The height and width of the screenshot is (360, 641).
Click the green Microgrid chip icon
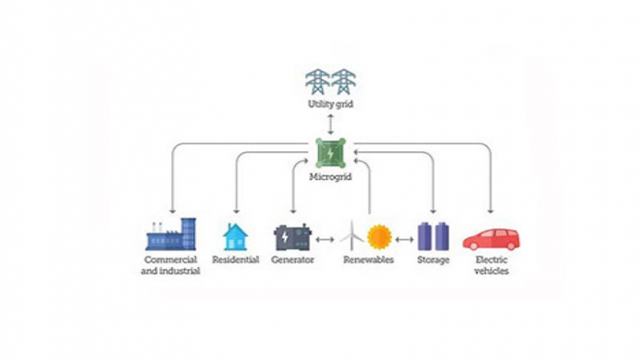(x=329, y=152)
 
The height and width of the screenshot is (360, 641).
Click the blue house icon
(x=235, y=236)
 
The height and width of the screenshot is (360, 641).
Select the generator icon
(x=293, y=238)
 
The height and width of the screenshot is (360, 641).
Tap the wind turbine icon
(x=351, y=236)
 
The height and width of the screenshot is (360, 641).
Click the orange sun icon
(x=379, y=238)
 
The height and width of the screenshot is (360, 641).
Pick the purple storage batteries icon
(x=433, y=236)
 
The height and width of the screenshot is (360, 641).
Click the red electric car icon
(x=491, y=238)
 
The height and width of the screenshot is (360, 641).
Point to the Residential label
(x=236, y=260)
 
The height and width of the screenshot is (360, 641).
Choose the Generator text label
(x=293, y=260)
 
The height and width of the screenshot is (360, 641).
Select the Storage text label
(x=433, y=260)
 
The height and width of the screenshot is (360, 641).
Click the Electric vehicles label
(x=491, y=265)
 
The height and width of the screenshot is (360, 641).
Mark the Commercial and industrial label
(x=170, y=265)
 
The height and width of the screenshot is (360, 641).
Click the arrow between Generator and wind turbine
(x=325, y=239)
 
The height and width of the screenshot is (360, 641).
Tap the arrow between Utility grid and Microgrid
(x=329, y=124)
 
